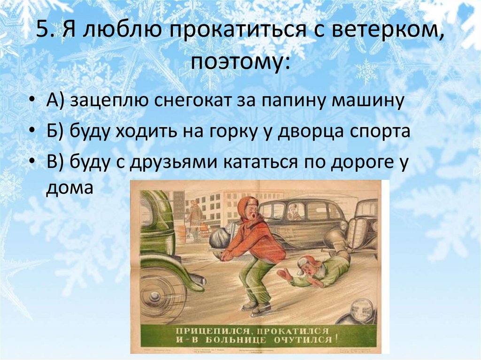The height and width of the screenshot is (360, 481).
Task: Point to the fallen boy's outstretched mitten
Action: click(284, 274)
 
